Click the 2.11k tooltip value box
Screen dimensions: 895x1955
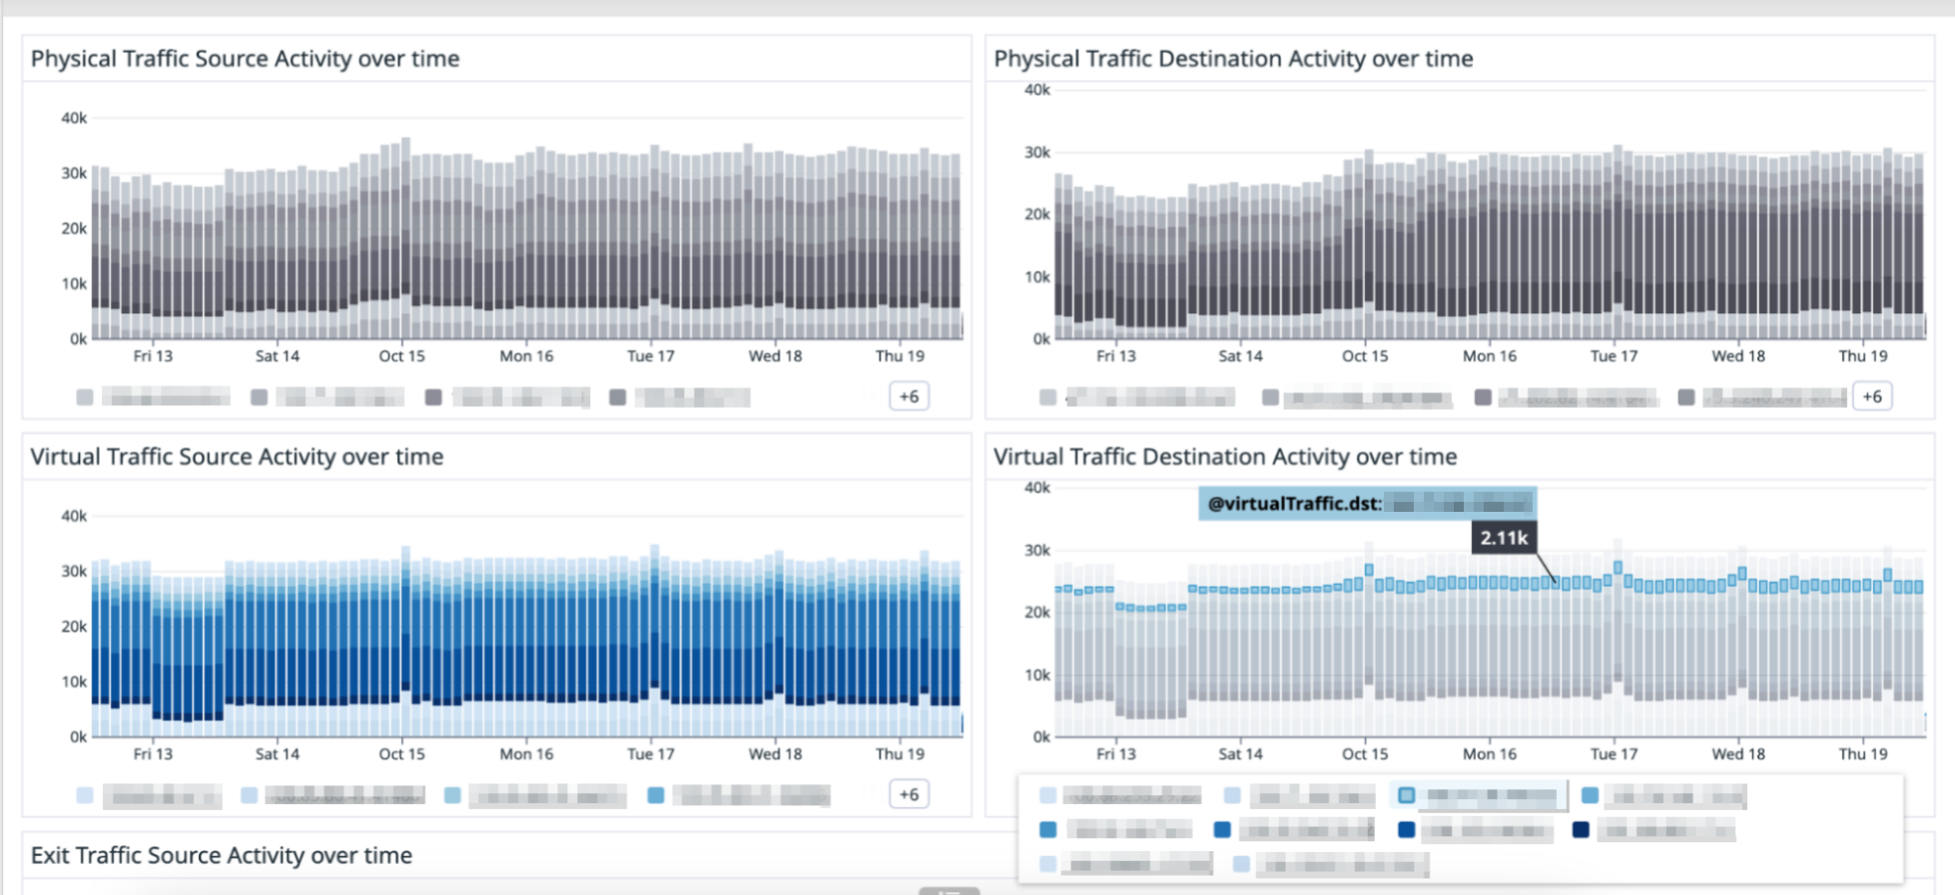point(1504,538)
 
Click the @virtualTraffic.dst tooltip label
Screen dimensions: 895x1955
point(1294,504)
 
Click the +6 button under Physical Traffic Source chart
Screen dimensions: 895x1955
point(909,396)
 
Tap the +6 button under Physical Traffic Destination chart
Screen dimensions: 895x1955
point(1872,396)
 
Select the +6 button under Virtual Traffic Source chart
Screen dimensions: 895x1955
point(909,794)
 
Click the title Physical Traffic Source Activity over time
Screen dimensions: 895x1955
point(245,59)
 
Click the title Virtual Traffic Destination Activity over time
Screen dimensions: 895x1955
point(1225,457)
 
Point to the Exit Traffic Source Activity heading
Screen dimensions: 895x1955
point(221,855)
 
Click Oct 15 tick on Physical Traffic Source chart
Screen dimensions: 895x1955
point(401,356)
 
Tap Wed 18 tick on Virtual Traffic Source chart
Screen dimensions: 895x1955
point(775,754)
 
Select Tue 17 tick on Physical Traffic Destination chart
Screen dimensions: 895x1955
point(1614,356)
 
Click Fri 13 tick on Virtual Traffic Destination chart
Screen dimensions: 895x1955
point(1116,754)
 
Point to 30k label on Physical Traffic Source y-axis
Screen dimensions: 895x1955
point(74,173)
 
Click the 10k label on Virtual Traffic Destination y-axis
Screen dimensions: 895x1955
point(1037,674)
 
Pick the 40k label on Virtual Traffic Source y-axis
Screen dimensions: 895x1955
point(74,516)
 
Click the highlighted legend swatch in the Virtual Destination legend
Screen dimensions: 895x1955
point(1406,795)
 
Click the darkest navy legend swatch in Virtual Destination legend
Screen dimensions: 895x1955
point(1581,829)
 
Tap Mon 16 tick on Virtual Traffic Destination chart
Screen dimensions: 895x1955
point(1489,754)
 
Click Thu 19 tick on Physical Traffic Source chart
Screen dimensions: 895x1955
point(900,356)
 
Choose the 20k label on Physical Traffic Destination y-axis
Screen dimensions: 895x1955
point(1037,215)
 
